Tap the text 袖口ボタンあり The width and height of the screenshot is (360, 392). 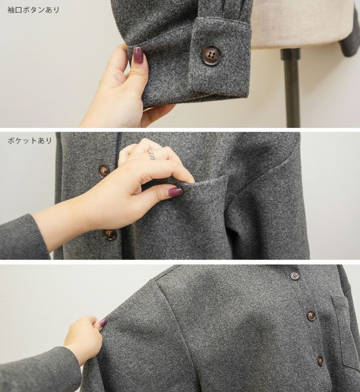(33, 10)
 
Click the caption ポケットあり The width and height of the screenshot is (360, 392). (30, 141)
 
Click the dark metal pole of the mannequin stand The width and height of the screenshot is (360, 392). (291, 87)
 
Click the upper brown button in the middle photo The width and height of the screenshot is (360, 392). (104, 170)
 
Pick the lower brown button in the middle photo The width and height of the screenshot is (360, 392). (110, 234)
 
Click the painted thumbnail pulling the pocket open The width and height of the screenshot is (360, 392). (175, 192)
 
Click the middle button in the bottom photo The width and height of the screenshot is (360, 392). (311, 315)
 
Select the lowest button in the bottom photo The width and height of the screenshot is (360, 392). (320, 360)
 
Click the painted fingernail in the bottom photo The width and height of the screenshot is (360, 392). (102, 323)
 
